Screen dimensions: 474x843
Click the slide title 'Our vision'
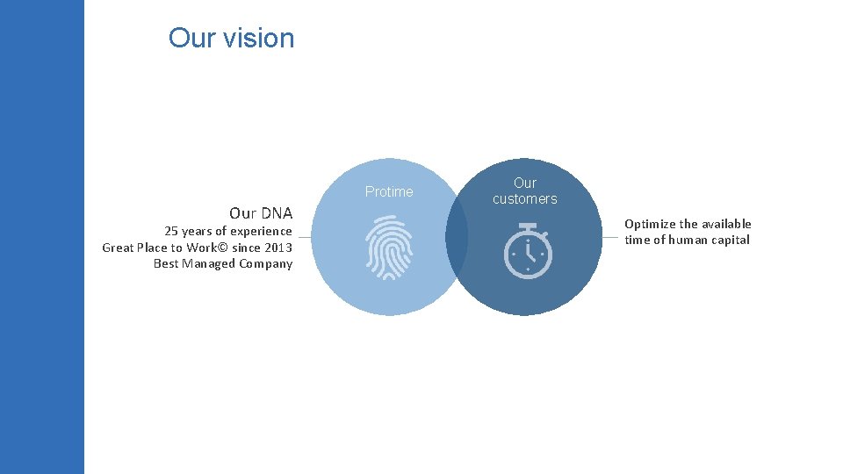coord(231,38)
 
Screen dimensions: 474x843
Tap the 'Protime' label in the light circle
coord(389,191)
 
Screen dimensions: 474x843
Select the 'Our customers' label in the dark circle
coord(524,190)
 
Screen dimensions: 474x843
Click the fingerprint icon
coord(389,248)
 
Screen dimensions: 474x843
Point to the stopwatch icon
coord(528,251)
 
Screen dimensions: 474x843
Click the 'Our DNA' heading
coord(260,213)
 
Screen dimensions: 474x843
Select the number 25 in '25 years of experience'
coord(171,231)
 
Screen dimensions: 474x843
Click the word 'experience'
coord(261,231)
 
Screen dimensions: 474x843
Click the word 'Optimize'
coord(649,224)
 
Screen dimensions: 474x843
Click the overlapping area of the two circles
coord(457,237)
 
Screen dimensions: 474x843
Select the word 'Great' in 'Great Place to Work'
coord(119,248)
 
